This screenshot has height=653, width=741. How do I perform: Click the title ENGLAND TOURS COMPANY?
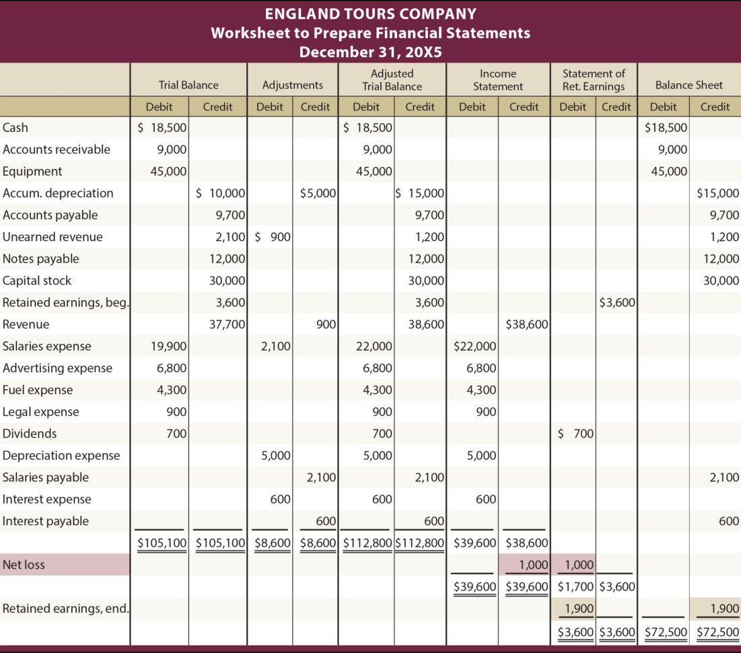(370, 13)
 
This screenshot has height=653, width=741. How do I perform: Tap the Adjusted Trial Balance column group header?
(392, 79)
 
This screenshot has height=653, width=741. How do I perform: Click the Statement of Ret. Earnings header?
(594, 79)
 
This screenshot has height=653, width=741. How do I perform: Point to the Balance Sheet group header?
(689, 85)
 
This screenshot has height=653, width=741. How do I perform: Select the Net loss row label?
(24, 565)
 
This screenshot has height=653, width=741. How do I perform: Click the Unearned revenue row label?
(52, 237)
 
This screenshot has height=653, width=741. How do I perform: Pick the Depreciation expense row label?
(61, 456)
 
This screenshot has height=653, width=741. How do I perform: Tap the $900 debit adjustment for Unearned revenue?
(273, 237)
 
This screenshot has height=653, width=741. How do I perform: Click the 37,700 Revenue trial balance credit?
(228, 324)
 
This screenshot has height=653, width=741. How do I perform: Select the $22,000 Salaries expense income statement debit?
(476, 347)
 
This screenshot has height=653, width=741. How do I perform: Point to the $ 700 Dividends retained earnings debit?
(575, 434)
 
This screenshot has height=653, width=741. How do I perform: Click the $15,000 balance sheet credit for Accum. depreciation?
(717, 193)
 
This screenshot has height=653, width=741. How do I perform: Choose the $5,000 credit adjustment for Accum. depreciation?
(318, 193)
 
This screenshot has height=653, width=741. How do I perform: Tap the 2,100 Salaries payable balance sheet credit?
(724, 477)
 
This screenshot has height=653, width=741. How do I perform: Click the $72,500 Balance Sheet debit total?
(666, 633)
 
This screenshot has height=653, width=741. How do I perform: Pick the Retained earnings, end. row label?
(66, 609)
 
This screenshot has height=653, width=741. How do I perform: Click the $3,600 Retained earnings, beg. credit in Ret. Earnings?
(617, 302)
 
